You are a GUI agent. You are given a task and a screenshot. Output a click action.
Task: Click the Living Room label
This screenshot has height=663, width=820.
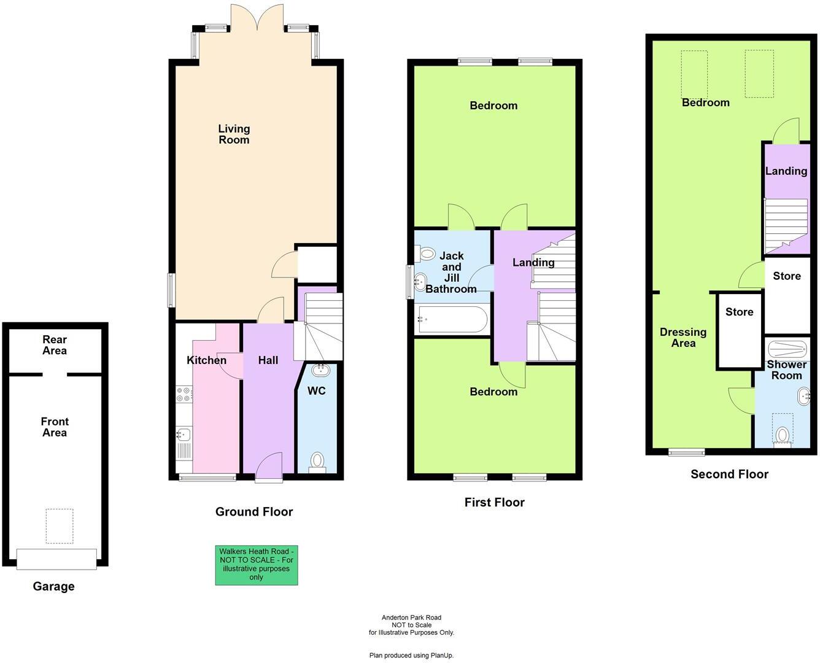coord(234,134)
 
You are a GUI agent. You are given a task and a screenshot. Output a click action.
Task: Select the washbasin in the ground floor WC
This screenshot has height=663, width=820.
coord(320,370)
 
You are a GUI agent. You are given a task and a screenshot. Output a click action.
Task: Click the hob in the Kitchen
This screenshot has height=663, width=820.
coord(184,394)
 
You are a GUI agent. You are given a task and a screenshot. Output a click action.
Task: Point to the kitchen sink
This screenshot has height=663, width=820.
coord(183,435)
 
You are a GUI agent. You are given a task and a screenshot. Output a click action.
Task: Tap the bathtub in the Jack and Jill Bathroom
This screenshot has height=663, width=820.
coord(451,319)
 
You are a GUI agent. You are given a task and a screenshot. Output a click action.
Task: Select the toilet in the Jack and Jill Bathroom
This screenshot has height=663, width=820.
coord(425,253)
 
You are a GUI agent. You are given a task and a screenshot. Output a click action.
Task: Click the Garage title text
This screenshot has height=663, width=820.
coord(53,586)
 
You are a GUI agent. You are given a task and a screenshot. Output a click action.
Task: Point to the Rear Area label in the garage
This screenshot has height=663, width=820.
coord(55,345)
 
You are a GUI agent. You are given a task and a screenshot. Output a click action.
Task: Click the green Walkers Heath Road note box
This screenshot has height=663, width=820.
coord(256,565)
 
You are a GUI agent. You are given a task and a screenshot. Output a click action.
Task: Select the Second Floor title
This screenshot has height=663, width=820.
coord(729,474)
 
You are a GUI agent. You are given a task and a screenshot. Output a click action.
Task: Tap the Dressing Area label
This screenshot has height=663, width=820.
coord(683,338)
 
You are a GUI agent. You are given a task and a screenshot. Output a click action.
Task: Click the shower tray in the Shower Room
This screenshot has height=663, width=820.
coord(786,349)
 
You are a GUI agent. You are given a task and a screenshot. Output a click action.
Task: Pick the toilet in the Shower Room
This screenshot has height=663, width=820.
coord(782,435)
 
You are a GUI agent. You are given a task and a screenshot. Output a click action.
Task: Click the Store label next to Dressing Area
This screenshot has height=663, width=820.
coord(739,312)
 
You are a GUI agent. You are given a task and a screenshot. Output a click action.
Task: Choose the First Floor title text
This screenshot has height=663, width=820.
coord(494,502)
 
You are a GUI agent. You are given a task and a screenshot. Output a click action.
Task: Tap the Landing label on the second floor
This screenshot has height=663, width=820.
coord(786,171)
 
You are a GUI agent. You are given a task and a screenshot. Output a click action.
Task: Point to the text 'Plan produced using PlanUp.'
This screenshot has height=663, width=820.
coord(411,656)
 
